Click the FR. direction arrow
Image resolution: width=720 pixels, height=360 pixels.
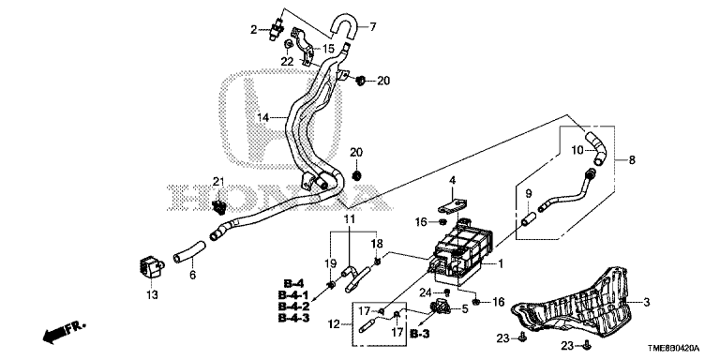pyautogui.click(x=65, y=333)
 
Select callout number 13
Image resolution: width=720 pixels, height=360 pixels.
pyautogui.click(x=152, y=294)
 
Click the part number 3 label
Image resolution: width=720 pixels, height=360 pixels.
pyautogui.click(x=646, y=302)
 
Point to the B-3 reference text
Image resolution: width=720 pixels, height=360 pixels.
pyautogui.click(x=420, y=335)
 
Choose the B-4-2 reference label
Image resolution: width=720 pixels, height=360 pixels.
pyautogui.click(x=292, y=306)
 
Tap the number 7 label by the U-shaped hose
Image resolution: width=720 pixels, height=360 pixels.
pyautogui.click(x=373, y=26)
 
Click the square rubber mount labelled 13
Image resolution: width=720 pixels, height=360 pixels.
pyautogui.click(x=150, y=267)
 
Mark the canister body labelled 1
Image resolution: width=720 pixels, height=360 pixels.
pyautogui.click(x=461, y=250)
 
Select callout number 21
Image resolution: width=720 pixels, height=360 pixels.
pyautogui.click(x=217, y=181)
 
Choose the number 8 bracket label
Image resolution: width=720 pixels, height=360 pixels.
pyautogui.click(x=632, y=159)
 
